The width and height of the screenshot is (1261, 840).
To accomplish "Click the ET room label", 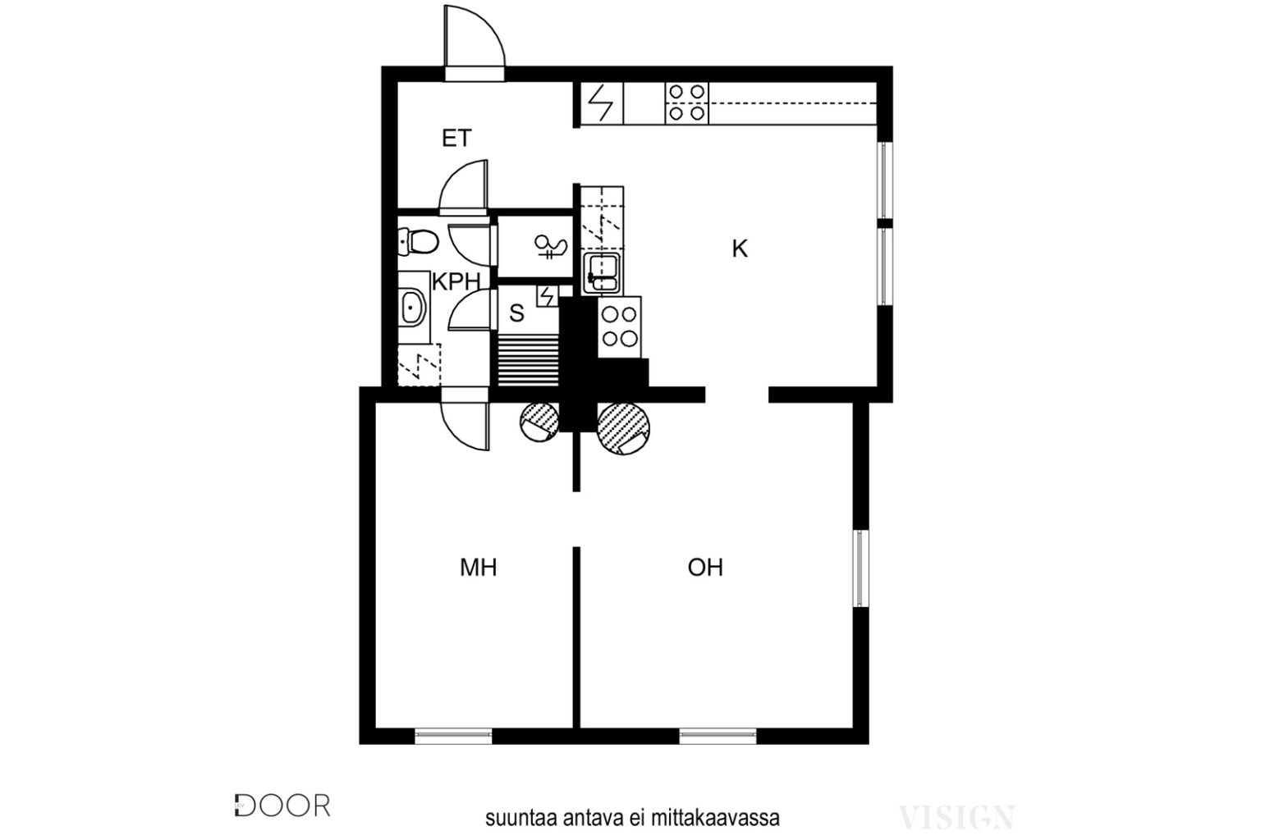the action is coord(456,139).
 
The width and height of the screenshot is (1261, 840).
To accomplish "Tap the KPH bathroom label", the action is coord(456,282).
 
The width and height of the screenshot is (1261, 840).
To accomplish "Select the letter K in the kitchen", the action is coord(739,249).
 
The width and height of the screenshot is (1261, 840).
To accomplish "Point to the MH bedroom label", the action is coord(478,568).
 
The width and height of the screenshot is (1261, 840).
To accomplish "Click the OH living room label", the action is coord(705,568).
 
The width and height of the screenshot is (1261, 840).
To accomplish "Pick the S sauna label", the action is coord(516,313).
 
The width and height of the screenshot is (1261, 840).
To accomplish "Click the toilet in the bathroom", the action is coord(418,242).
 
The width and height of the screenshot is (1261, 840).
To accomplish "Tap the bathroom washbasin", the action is coord(413,308).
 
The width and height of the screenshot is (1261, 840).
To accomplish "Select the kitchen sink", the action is coord(602,273).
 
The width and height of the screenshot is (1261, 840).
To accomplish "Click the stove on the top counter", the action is coord(687,103).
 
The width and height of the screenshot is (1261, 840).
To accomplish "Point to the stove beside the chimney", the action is coord(619,326).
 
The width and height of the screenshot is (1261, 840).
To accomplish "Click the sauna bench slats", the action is coord(528,360).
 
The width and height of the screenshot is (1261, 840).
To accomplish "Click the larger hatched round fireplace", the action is coord(623,428).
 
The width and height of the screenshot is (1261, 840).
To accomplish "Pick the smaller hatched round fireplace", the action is coord(539,422).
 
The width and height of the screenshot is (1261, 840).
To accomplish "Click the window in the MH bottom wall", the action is coord(453,736).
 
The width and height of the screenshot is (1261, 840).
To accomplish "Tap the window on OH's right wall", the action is coord(860,568).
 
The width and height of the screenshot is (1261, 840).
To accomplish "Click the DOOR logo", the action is coord(282,806).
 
